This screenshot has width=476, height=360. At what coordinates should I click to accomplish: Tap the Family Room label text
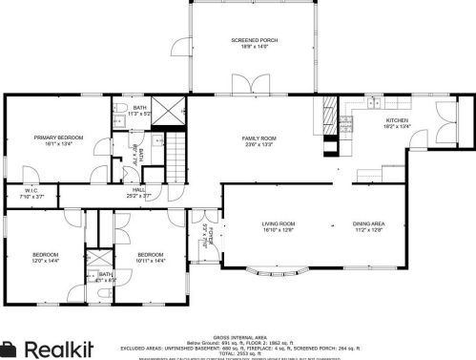pos(258,138)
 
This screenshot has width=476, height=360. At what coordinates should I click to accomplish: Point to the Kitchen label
pos(395,119)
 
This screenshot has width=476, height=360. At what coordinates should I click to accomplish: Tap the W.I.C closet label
pos(31,191)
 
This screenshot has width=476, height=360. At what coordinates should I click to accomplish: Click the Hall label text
pos(139,191)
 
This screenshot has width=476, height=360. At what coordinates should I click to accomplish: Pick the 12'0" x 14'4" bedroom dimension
pos(45,260)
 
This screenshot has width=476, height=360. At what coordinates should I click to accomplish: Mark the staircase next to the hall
pos(179,156)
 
